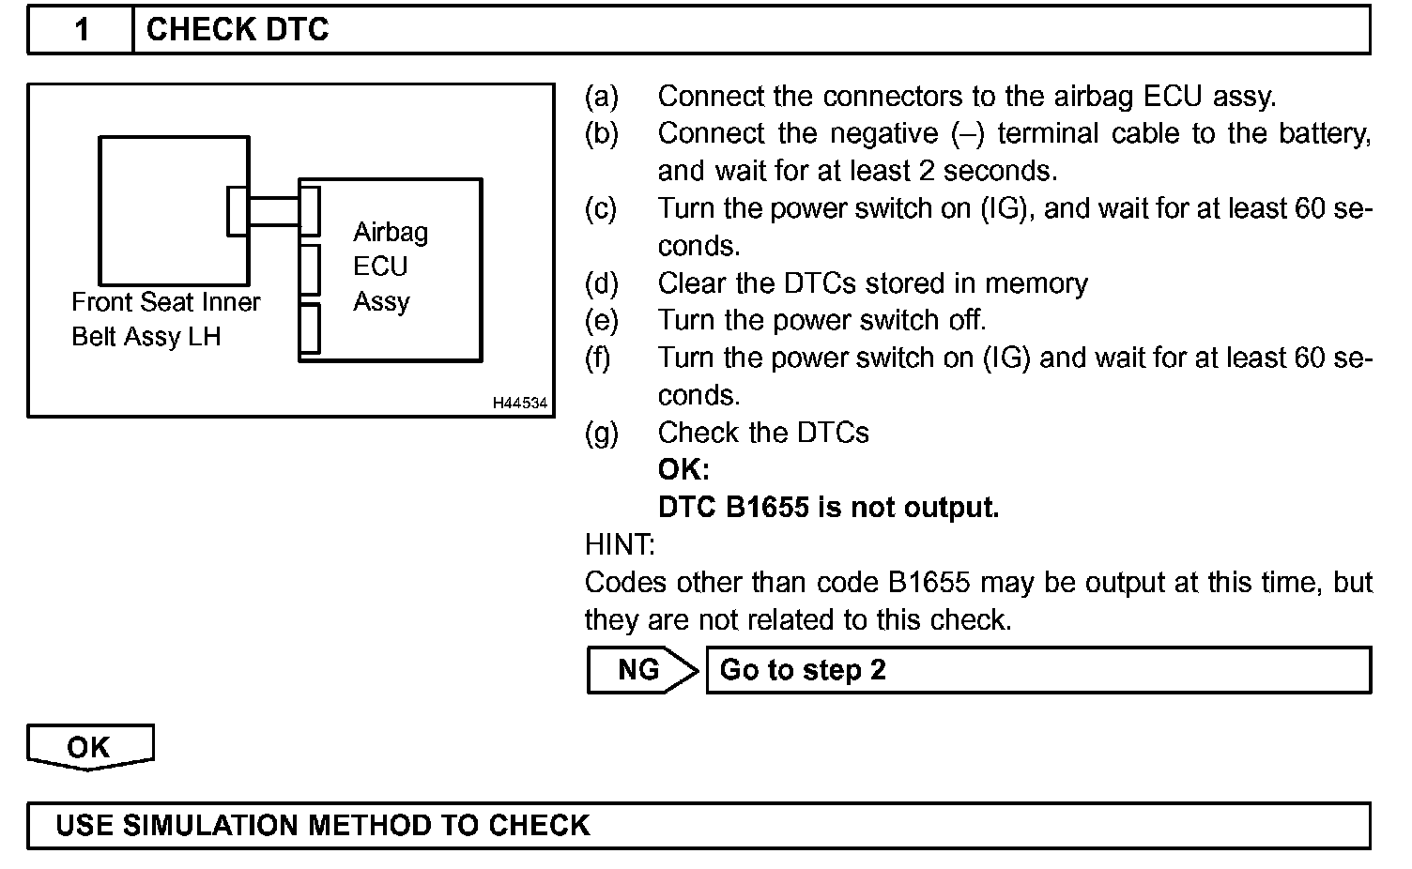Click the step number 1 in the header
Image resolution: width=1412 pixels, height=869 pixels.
pos(82,30)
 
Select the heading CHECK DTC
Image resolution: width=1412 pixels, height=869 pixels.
pos(238,30)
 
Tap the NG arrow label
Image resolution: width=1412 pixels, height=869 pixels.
pos(639,670)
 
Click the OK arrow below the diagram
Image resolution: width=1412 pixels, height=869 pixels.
pos(88,747)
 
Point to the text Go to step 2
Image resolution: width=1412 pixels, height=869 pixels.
pos(803,670)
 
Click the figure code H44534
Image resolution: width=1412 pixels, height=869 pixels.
pos(520,404)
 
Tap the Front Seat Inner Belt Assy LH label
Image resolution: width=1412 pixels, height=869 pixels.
pos(165,319)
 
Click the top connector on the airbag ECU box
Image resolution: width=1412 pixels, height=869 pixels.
pos(309,211)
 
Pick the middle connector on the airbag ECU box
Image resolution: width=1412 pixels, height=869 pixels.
pos(309,270)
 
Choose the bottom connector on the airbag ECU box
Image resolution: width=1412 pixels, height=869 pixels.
pos(309,328)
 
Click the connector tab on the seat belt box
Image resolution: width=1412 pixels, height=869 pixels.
pos(238,211)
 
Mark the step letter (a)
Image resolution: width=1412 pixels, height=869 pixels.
pos(602,97)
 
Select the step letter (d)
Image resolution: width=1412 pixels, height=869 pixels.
pos(602,283)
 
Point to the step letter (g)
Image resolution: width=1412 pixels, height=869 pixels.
pos(602,433)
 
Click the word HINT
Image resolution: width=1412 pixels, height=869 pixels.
pos(620,545)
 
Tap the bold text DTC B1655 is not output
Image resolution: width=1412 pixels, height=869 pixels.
pos(828,508)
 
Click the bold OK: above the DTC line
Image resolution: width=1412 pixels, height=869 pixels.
pos(683,470)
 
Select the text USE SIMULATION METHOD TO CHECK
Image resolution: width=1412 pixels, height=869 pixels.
pos(323,826)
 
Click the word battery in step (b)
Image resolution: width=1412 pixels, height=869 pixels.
pos(1324,134)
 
